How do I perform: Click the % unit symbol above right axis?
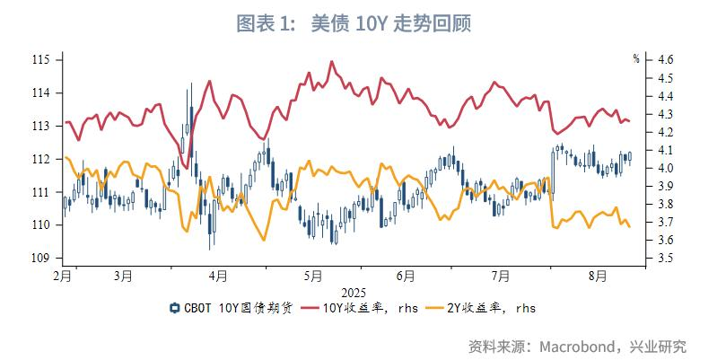click(635, 59)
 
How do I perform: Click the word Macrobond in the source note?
click(576, 346)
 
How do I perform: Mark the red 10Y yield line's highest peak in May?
click(332, 62)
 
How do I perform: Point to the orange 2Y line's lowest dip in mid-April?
click(264, 240)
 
